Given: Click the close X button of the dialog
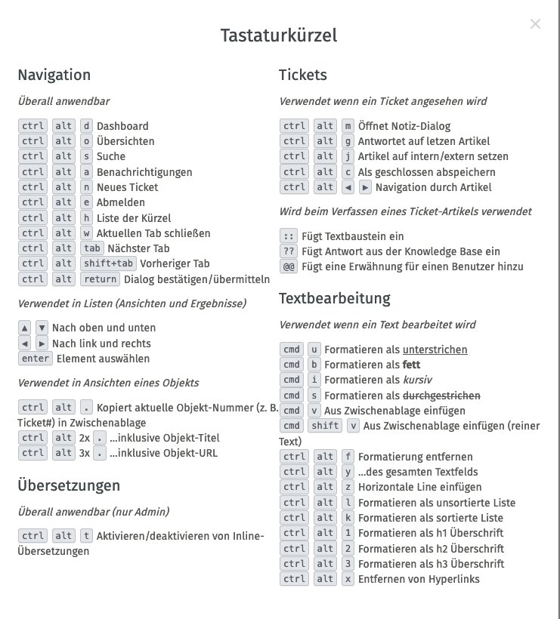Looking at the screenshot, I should pos(535,24).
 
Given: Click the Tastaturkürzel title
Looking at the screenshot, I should pos(279,35).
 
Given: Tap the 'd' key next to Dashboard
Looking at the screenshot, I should pos(86,126).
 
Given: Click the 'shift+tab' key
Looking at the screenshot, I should pos(108,263).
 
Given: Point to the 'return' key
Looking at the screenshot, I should pos(100,279).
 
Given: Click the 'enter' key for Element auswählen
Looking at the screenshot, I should pos(35,359).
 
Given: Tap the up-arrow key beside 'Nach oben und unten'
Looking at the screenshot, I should pos(24,328).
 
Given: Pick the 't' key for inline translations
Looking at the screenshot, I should pos(86,536).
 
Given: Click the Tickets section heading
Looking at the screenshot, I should pos(302,75).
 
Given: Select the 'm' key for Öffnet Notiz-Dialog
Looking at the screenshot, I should pos(348,126).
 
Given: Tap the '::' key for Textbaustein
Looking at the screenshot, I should pos(287,236).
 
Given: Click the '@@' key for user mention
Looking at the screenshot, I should pos(287,266).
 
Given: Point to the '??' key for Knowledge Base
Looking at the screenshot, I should pos(287,251).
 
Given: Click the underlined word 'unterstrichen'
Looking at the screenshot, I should pos(435,350).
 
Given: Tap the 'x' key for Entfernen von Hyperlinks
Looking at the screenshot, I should pos(348,579).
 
